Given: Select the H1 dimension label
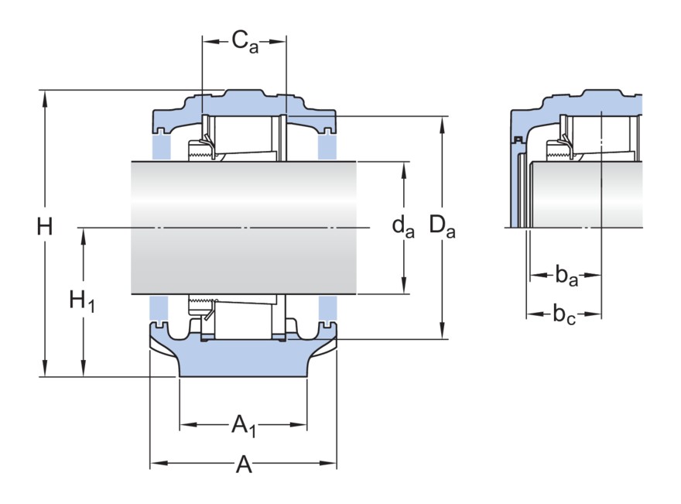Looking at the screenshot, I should click(82, 300).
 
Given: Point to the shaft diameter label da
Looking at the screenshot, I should click(402, 226).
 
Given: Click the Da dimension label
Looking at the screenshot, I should click(442, 227).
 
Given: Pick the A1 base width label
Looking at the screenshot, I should click(244, 425).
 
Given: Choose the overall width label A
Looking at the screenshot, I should click(244, 465).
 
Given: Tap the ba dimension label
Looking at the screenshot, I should click(566, 274).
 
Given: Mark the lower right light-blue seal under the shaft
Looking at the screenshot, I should click(327, 310).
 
